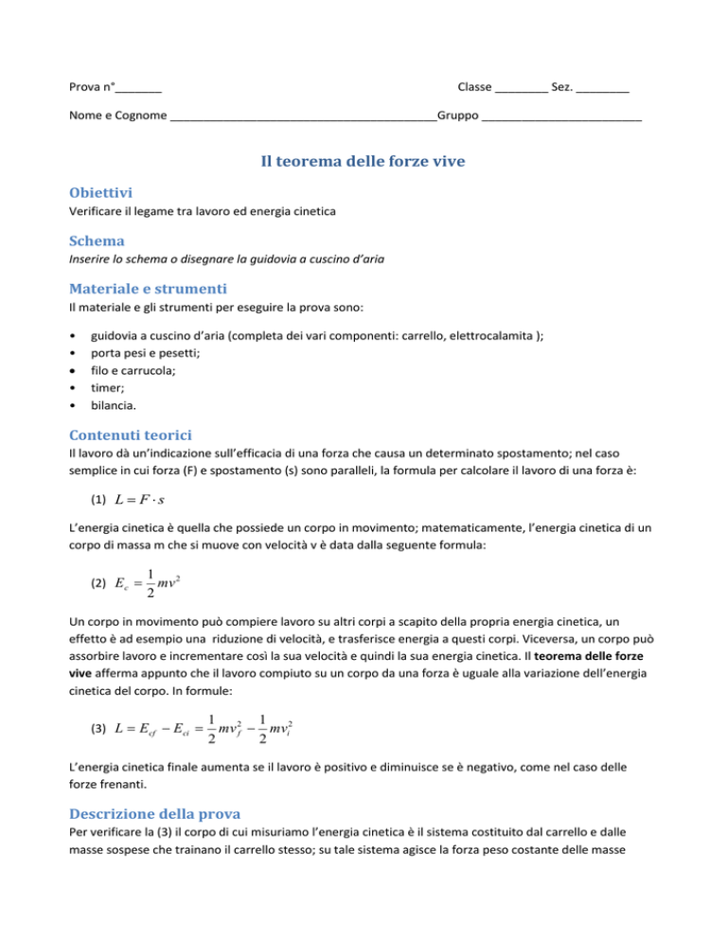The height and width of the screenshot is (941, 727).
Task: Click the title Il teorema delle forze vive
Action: [363, 162]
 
